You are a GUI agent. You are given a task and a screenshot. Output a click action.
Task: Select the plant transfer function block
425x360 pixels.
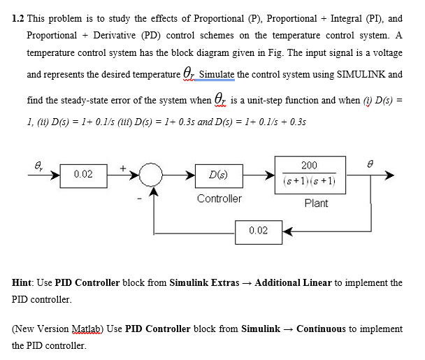[308, 173]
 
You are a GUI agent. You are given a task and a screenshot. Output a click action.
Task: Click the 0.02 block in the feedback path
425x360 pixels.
[258, 230]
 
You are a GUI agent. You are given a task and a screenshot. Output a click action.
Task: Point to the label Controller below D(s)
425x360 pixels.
[219, 199]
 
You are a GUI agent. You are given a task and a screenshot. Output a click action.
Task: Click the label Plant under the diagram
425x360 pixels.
[316, 203]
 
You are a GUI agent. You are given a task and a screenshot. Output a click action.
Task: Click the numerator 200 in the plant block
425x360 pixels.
[308, 166]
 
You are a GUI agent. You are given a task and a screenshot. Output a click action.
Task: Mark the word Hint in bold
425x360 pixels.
[24, 283]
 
